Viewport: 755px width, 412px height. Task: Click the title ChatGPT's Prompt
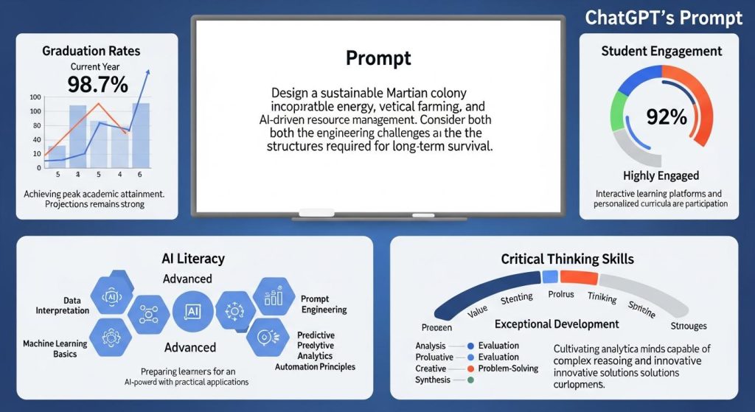pos(664,18)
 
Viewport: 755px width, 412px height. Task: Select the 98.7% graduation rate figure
pos(98,85)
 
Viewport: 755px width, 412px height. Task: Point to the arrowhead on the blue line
pos(148,71)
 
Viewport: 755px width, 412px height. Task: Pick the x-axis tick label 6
pos(139,175)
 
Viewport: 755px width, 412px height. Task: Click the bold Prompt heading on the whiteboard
pos(377,57)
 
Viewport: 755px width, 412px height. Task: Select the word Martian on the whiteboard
pos(411,94)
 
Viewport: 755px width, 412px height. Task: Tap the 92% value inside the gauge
pos(666,116)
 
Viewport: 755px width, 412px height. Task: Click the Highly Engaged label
pos(661,175)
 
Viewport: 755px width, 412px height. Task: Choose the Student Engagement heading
pos(661,52)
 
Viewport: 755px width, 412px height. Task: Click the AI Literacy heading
pos(192,259)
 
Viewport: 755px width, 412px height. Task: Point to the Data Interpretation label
pos(63,305)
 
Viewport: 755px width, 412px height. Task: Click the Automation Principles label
pos(315,366)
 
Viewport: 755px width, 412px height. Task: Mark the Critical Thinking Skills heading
pos(567,259)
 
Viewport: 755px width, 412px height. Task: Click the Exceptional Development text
pos(557,324)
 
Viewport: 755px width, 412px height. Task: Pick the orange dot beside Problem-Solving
pos(470,369)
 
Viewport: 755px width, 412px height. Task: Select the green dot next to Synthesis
pos(470,380)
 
